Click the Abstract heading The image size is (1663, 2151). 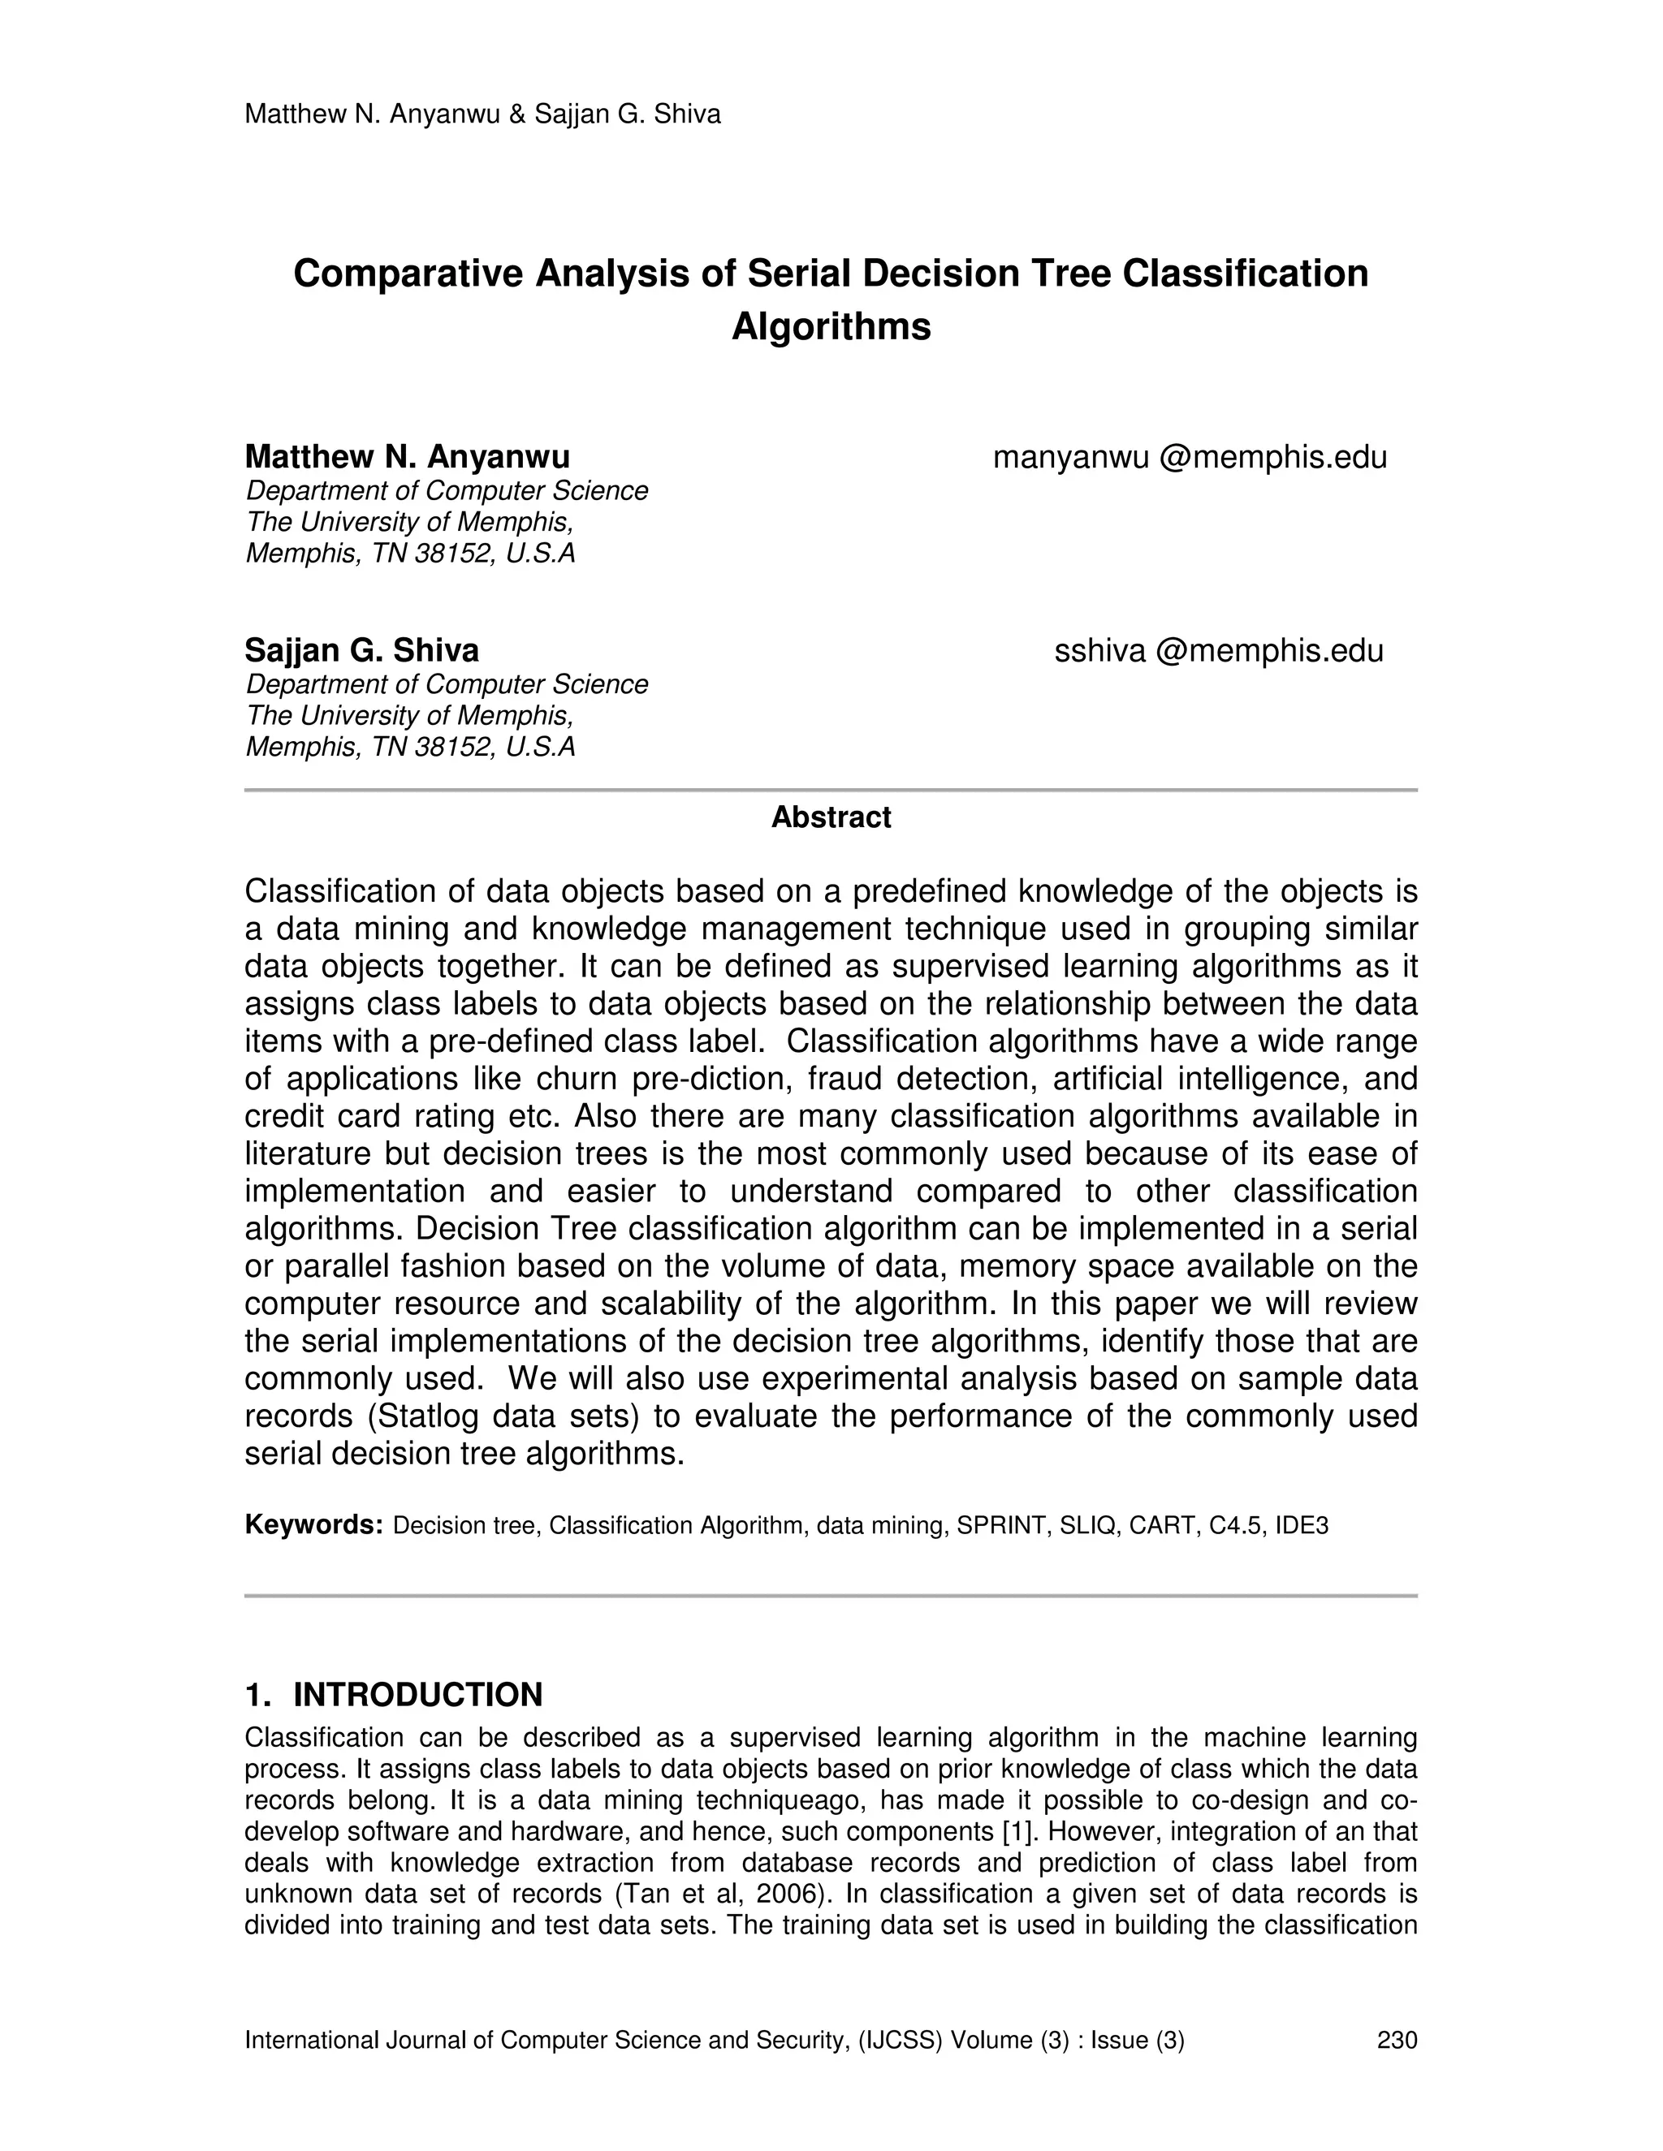(x=831, y=817)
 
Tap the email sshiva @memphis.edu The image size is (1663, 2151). (x=1219, y=650)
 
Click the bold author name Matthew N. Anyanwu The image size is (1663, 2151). (x=407, y=457)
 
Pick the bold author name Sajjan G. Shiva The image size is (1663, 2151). (x=361, y=650)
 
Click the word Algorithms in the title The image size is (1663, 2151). (x=831, y=326)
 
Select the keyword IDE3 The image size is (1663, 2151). (x=1302, y=1526)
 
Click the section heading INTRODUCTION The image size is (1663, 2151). (x=417, y=1695)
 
